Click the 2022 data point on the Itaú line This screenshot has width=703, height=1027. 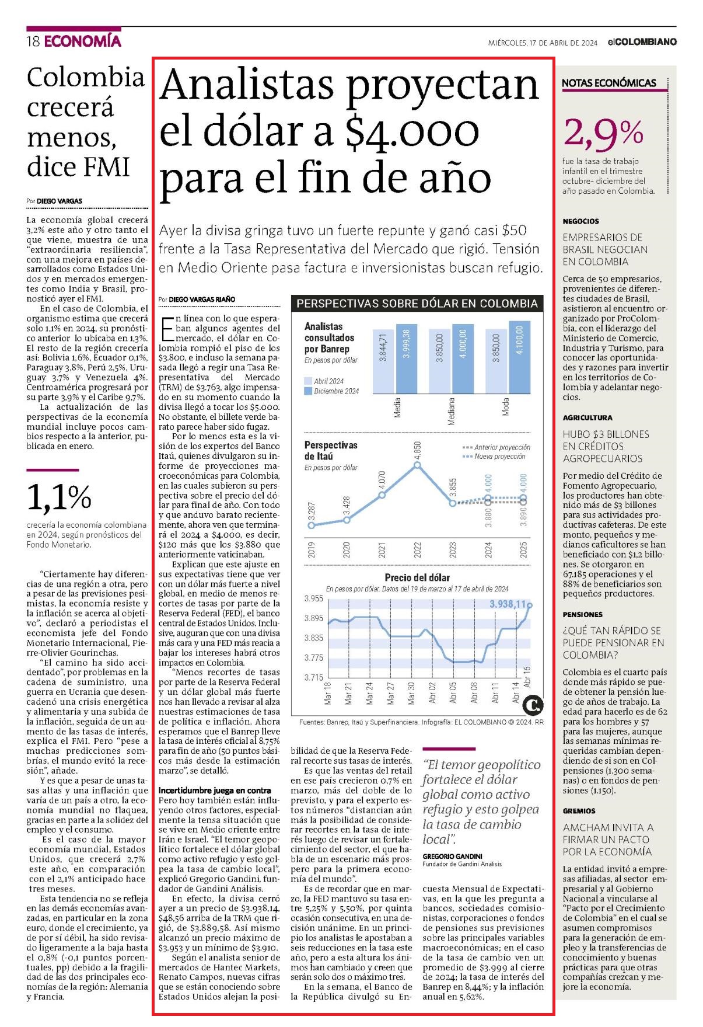[x=417, y=465]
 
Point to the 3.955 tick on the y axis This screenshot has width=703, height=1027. [x=314, y=598]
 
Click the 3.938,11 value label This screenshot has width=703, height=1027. [x=508, y=604]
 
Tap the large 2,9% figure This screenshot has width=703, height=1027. [x=603, y=133]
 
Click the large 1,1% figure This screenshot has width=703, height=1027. [x=59, y=497]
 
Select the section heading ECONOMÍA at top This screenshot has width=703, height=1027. [x=82, y=41]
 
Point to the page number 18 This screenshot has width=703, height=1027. [x=33, y=41]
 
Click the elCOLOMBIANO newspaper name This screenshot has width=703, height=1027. [x=641, y=42]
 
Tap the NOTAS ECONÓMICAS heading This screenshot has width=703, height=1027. [x=609, y=83]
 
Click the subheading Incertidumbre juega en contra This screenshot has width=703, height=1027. [x=215, y=791]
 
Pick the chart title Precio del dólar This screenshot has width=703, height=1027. [x=417, y=577]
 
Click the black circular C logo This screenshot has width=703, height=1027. [x=533, y=705]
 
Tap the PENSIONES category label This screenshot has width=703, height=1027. [x=582, y=615]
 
